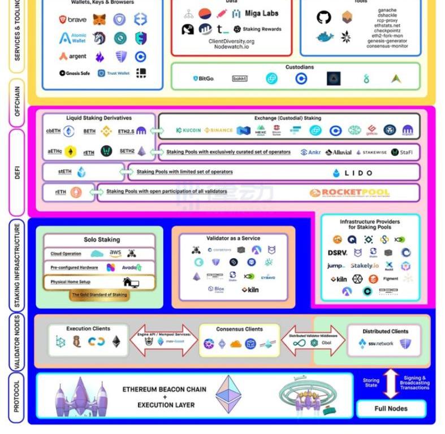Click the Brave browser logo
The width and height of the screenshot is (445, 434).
pos(72,20)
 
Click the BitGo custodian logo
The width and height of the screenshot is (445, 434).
pos(203,79)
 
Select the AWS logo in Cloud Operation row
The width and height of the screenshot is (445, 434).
pos(115,253)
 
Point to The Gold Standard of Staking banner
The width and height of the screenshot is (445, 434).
pos(100,295)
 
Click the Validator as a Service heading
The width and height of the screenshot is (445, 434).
pos(234,238)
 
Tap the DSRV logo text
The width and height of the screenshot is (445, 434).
pos(338,253)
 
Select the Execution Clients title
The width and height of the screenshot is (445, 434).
pos(88,328)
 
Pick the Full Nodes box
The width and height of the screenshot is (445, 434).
pos(391,408)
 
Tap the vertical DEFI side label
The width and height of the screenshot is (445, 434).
pos(17,173)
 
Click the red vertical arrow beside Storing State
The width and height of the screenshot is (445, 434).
pos(391,384)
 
